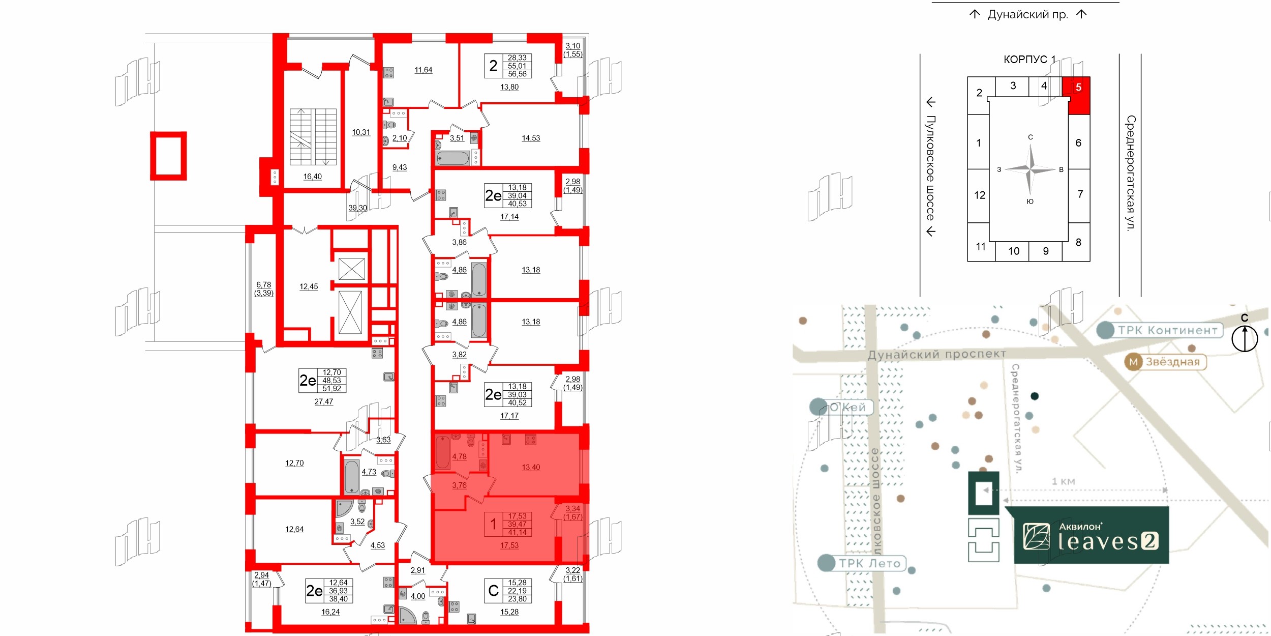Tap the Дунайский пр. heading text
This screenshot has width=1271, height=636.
click(1027, 15)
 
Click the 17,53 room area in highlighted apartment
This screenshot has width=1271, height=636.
click(509, 545)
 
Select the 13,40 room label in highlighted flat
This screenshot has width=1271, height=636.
click(530, 467)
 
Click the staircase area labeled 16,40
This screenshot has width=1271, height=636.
click(312, 177)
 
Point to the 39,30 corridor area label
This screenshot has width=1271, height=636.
click(357, 208)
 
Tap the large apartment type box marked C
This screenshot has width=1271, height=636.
click(493, 591)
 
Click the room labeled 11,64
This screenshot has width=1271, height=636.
click(423, 70)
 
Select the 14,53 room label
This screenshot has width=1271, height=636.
click(530, 138)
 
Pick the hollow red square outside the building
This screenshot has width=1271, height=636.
click(168, 156)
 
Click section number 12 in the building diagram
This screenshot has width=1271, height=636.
click(979, 195)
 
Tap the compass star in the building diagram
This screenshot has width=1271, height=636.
click(1030, 169)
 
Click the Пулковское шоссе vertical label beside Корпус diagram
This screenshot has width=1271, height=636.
click(930, 168)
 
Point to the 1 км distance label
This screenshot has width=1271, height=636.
click(1063, 481)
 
